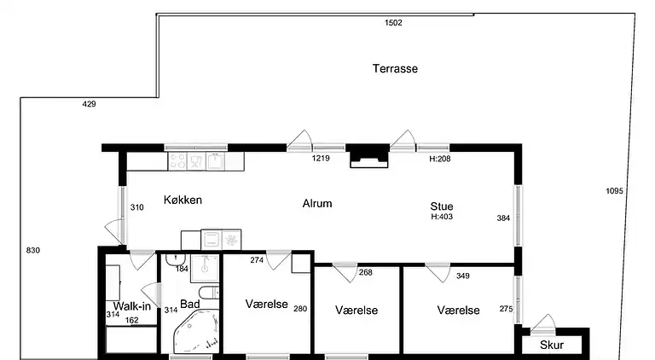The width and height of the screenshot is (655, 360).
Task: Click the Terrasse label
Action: (395, 68)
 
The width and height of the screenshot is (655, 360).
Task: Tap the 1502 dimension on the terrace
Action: (393, 22)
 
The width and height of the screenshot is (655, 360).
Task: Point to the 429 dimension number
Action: (89, 104)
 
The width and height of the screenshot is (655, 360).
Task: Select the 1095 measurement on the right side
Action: (614, 191)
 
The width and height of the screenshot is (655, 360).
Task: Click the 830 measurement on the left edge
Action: (33, 250)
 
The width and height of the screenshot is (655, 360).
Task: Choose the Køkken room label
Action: (183, 200)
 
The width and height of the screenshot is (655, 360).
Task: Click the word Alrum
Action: (317, 203)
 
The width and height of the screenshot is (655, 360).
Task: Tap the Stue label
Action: (442, 206)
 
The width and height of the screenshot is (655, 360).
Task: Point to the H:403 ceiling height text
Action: (442, 217)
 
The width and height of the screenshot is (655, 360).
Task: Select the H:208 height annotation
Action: (440, 159)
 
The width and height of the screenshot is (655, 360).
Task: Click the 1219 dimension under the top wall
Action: (321, 159)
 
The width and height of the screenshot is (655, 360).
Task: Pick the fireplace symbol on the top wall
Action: (368, 157)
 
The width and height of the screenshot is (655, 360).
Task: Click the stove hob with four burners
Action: (177, 161)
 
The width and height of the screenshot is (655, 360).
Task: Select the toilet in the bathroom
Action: (208, 293)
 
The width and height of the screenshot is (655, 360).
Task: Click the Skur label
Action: (552, 345)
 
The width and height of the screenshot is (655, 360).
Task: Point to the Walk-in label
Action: (131, 306)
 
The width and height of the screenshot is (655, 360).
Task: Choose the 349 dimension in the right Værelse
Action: (463, 276)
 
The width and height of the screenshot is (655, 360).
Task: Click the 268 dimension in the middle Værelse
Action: (366, 272)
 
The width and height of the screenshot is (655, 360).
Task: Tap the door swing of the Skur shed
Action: (543, 324)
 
